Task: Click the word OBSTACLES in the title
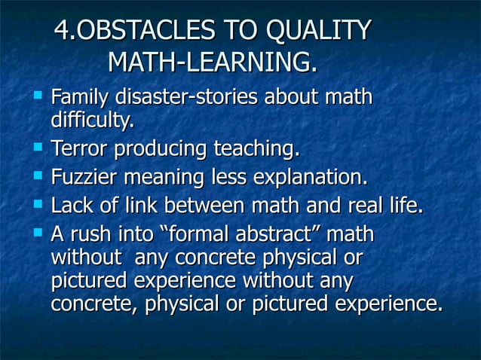(142, 32)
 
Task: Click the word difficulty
(92, 120)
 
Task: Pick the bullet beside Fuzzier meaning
(36, 178)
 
